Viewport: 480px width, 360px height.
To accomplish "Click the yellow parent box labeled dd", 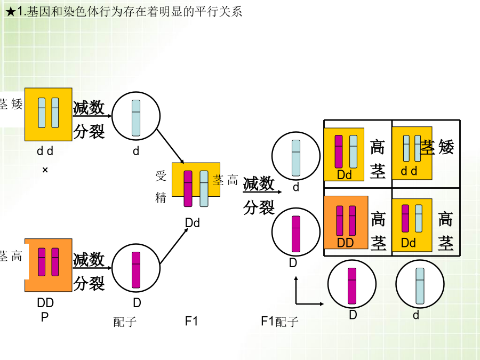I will pos(48,114).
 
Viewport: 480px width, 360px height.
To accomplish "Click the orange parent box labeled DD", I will pos(48,265).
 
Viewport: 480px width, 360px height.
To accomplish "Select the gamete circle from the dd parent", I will pos(136,114).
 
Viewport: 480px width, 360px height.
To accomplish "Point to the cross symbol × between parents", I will pos(45,170).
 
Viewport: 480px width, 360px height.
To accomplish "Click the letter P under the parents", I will pos(45,316).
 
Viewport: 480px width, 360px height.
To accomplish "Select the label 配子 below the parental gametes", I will pos(125,322).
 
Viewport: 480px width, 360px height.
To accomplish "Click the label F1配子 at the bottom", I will pos(279,322).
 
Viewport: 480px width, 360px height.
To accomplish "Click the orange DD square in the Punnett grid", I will pos(346,222).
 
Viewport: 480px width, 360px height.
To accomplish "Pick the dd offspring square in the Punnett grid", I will pos(412,153).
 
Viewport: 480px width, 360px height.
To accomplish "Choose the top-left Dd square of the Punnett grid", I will pos(344,154).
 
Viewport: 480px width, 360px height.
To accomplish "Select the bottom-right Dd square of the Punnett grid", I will pos(412,225).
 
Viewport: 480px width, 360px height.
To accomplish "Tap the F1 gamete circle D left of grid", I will pos(295,234).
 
